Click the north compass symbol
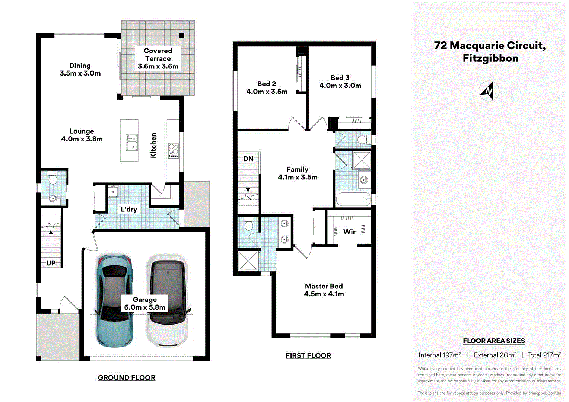point(489,91)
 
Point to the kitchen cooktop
point(174,150)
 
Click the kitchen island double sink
point(131,143)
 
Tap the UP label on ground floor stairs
point(51,263)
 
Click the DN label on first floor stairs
point(248,159)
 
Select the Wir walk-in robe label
point(349,232)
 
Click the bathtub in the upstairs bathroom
point(353,200)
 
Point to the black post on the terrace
point(181,36)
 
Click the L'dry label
point(129,209)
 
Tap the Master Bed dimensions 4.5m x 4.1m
point(324,294)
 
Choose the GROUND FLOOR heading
point(127,377)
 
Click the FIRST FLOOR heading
point(308,355)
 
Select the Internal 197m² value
point(440,355)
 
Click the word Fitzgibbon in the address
point(490,58)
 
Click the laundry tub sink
point(113,191)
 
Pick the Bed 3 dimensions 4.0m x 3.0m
point(340,86)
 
